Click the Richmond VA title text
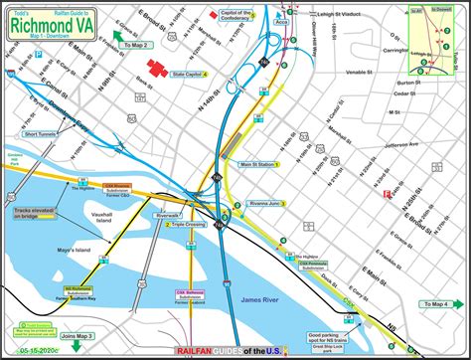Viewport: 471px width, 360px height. point(52,22)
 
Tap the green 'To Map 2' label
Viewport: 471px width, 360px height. point(135,44)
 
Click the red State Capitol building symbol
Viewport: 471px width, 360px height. point(156,68)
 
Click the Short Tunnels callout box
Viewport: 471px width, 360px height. point(41,133)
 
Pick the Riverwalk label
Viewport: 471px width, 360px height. point(167,214)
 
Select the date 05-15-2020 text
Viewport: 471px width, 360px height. point(32,350)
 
